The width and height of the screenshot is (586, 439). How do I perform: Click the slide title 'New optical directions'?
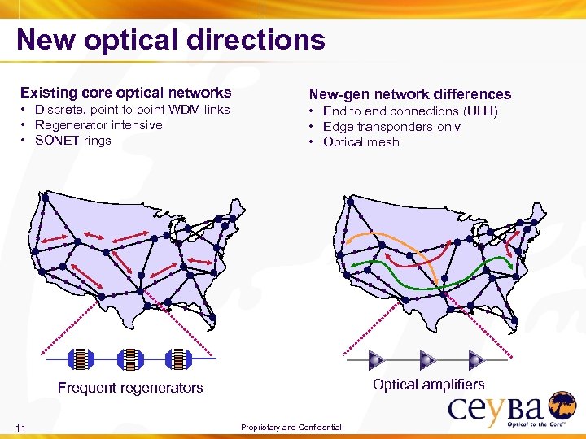(171, 40)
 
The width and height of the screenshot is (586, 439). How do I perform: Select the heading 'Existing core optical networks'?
(125, 93)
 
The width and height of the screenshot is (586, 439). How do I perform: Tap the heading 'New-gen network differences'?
(409, 94)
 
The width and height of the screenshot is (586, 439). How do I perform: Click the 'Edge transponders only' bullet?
(391, 127)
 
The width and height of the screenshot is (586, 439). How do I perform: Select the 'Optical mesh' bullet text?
(361, 142)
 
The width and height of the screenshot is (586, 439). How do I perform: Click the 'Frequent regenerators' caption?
(130, 388)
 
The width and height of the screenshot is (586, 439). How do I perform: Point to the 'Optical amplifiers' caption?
(428, 385)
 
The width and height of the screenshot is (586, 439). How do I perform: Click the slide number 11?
(21, 428)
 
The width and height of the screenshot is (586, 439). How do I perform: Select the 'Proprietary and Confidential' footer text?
(291, 428)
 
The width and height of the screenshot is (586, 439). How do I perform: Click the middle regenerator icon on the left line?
(129, 359)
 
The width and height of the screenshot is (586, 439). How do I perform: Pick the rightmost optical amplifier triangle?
(476, 359)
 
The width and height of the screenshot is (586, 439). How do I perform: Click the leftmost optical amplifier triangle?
(377, 359)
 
